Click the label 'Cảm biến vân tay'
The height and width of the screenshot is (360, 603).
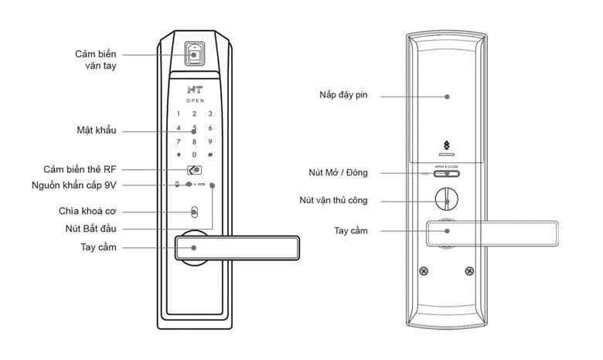click(x=96, y=60)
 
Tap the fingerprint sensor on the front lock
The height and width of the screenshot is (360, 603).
click(x=194, y=55)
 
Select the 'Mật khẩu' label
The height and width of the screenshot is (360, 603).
click(x=97, y=130)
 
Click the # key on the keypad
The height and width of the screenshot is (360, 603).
click(x=210, y=155)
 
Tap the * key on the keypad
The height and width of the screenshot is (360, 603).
click(x=179, y=155)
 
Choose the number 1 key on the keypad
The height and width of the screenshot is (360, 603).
click(x=179, y=114)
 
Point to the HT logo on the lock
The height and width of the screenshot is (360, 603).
click(x=194, y=90)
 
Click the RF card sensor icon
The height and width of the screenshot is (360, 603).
click(x=195, y=170)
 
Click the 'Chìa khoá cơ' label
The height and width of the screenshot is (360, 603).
click(x=87, y=211)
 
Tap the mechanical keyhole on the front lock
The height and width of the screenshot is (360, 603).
click(x=194, y=211)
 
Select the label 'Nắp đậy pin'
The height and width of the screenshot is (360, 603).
click(x=344, y=97)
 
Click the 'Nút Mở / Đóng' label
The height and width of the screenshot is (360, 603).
click(x=338, y=172)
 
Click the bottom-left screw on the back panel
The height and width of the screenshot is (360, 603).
click(x=424, y=271)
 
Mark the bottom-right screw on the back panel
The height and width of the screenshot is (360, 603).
click(x=469, y=271)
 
